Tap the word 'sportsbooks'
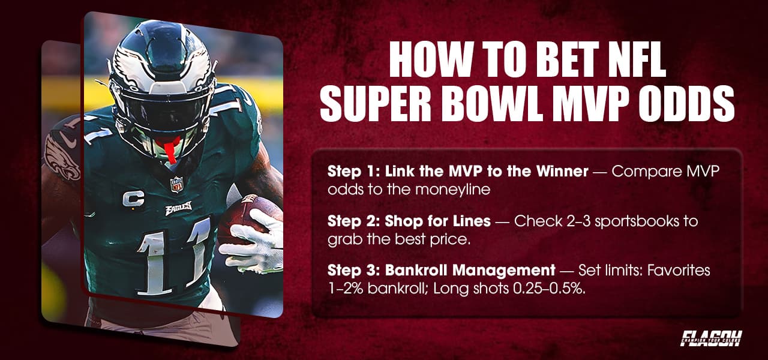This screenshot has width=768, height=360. click(x=632, y=221)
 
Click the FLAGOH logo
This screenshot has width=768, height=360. click(x=711, y=337)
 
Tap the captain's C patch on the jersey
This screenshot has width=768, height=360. click(x=133, y=199)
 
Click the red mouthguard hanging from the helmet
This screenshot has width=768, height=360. click(x=169, y=150)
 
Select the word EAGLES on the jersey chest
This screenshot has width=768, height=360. click(x=178, y=210)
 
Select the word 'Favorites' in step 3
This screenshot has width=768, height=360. click(x=680, y=271)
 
